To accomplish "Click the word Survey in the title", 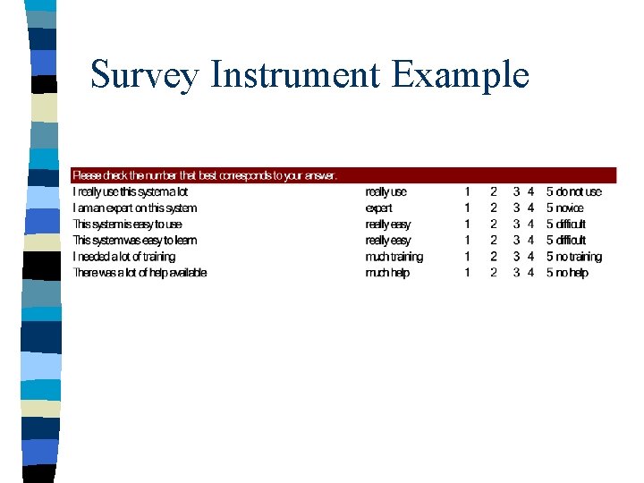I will point(143,75).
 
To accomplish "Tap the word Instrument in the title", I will point(293,75).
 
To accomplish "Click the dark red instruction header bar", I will point(343,175).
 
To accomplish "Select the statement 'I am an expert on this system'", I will point(134,208).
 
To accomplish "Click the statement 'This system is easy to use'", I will point(127,224).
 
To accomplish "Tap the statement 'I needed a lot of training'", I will point(124,257).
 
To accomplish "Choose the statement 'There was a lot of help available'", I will point(140,273).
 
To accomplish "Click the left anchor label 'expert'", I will point(379,208).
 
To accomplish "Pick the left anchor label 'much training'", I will point(394,257).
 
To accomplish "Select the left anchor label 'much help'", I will point(387,273).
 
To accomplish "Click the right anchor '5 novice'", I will point(565,208).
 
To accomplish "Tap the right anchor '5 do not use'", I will point(574,191).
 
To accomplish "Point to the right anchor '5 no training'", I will point(574,257).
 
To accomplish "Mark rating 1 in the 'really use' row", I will point(467,191).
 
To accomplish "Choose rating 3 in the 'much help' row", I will point(516,273).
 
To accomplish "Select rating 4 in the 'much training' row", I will point(531,257).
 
